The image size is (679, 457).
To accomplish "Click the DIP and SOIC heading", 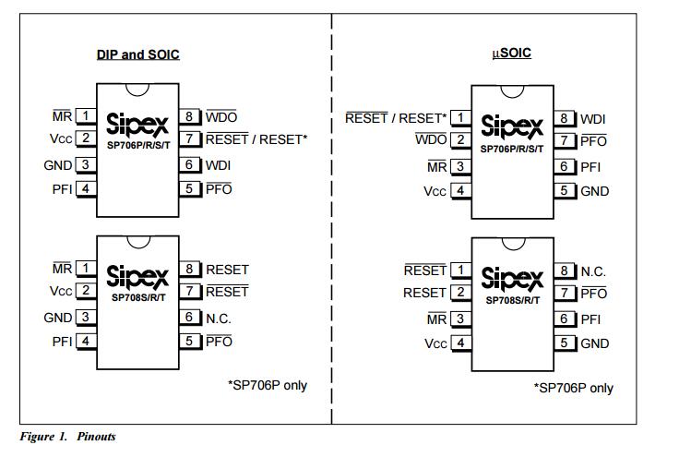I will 137,54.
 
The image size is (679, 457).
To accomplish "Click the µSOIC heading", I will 512,54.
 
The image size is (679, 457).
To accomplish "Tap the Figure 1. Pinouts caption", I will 68,436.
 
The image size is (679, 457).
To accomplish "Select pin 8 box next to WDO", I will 191,116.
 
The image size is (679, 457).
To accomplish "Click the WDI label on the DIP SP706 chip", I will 218,165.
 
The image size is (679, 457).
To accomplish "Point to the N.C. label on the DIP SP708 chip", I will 218,317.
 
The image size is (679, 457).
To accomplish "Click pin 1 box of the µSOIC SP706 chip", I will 459,118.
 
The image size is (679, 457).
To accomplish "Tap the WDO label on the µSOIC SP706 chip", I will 431,140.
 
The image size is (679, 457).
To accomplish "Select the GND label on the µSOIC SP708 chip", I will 595,343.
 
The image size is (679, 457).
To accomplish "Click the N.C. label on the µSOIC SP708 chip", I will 593,271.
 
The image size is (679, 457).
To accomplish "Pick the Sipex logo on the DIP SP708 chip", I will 137,275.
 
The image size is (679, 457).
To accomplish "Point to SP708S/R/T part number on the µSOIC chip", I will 512,299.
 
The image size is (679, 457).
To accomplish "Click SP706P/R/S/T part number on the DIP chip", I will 137,146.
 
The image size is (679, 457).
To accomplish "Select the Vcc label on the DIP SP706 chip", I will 61,139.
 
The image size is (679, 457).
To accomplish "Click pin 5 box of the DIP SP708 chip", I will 191,341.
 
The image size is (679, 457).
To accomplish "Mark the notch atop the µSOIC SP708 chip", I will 512,243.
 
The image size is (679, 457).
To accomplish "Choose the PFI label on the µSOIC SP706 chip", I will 590,167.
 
